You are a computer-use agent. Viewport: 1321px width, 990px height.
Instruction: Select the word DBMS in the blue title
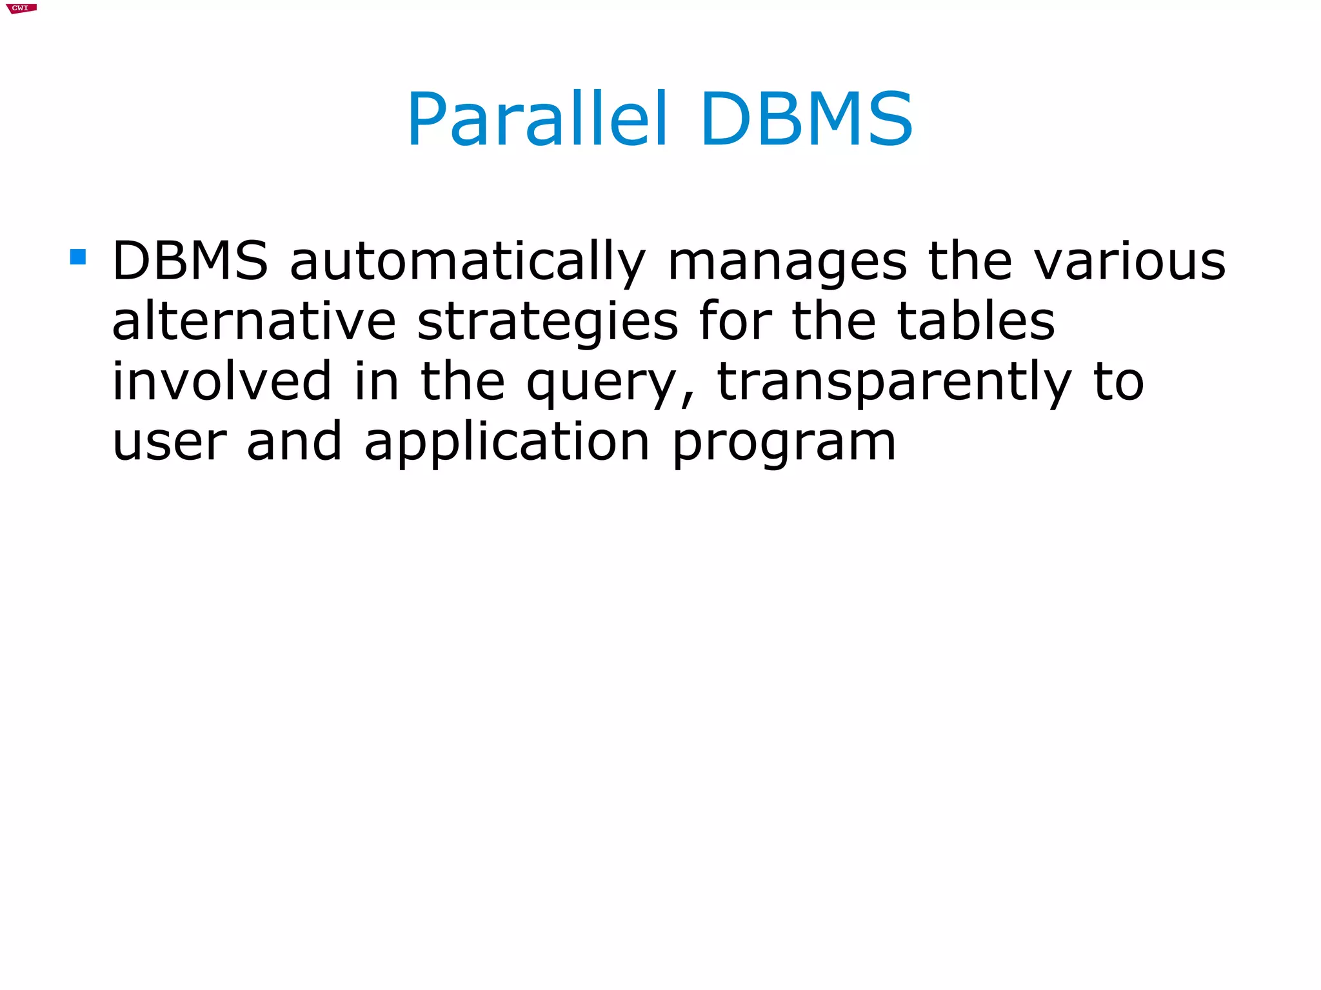806,119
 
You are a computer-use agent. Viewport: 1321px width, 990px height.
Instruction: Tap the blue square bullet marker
78,257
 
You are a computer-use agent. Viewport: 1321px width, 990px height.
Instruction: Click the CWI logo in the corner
21,8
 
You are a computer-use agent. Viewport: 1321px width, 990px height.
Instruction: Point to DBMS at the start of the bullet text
190,261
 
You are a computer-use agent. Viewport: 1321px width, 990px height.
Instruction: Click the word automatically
467,262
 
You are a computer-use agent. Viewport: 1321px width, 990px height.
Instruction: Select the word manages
787,262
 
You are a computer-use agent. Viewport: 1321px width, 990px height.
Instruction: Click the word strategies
548,322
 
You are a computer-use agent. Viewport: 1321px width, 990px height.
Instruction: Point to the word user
170,442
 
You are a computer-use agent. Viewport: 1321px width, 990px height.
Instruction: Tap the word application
507,442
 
